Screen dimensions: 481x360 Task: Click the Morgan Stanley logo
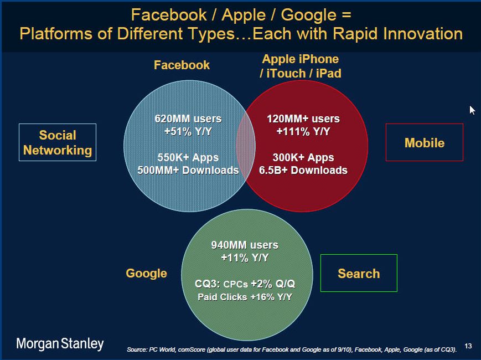tap(60, 344)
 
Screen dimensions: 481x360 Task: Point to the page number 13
tap(468, 346)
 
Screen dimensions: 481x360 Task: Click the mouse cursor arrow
tap(472, 110)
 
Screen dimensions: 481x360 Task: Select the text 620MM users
tap(188, 119)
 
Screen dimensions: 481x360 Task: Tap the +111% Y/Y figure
tap(303, 131)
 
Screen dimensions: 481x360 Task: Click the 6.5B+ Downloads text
tap(303, 170)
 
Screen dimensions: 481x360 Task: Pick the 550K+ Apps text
tap(188, 157)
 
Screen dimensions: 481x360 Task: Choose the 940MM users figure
tap(245, 245)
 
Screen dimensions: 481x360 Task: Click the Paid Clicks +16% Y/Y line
tap(245, 297)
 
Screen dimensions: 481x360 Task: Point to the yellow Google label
tap(146, 274)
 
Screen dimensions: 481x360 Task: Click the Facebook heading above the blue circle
tap(182, 65)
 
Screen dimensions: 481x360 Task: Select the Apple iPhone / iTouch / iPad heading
tap(301, 66)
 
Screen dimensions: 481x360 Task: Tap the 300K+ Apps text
tap(303, 157)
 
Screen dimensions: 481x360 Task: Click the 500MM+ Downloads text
tap(188, 170)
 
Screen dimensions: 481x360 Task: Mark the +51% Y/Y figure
tap(188, 131)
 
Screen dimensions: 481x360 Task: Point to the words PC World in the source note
tap(162, 349)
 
